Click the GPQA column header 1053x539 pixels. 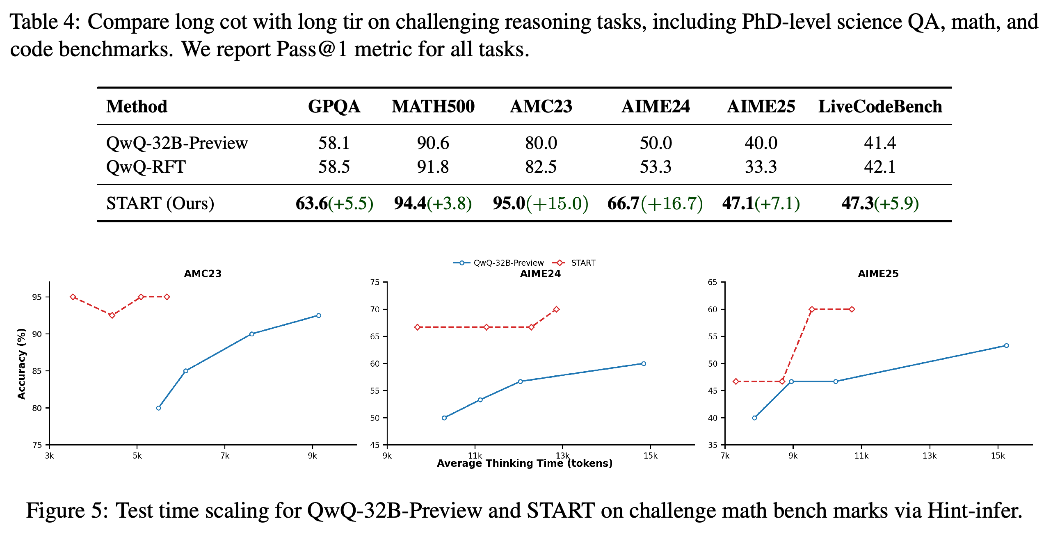(x=334, y=107)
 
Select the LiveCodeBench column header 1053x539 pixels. (x=880, y=107)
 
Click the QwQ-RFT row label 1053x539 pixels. (x=146, y=167)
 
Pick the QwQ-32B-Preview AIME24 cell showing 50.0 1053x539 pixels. (x=656, y=143)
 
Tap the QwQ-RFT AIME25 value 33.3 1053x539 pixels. (x=761, y=167)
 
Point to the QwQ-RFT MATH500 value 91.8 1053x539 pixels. (x=433, y=167)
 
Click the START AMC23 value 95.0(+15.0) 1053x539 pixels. (x=541, y=203)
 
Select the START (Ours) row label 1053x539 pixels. (x=160, y=203)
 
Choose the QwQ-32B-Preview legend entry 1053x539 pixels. (x=498, y=263)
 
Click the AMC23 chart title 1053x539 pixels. (x=203, y=274)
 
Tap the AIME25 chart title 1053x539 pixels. (x=878, y=274)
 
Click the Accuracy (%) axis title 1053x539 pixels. (x=21, y=363)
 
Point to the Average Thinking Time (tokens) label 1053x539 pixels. (x=525, y=464)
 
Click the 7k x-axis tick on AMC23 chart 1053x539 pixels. (x=225, y=456)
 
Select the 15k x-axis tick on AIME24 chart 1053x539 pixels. (x=650, y=456)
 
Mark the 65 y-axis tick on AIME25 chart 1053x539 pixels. (x=713, y=282)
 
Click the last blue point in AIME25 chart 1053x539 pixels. (x=1006, y=345)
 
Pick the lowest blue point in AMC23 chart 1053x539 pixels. (x=159, y=408)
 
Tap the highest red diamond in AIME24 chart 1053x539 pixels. (x=556, y=309)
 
